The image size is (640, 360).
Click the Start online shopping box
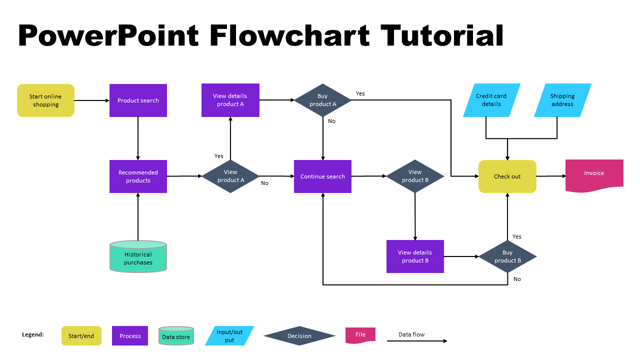tap(45, 100)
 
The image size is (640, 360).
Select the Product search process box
tap(138, 100)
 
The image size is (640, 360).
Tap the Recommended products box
tap(138, 176)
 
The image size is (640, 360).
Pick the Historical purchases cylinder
tap(138, 257)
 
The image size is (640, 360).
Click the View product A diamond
tap(230, 176)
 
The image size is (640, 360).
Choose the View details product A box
tap(230, 100)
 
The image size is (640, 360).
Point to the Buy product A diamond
tap(322, 100)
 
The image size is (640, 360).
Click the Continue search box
tap(322, 176)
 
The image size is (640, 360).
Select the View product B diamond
tap(415, 176)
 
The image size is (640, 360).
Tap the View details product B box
tap(415, 256)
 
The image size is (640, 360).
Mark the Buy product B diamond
tap(507, 256)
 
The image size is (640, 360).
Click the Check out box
tap(507, 176)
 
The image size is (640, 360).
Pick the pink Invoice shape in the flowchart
tap(594, 174)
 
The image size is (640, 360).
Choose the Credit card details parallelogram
tap(491, 100)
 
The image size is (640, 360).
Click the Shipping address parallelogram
tap(562, 100)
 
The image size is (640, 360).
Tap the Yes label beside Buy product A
tap(360, 93)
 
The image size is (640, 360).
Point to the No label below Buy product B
tap(517, 279)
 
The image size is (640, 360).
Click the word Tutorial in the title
tap(442, 36)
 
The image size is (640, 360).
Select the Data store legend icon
tap(176, 336)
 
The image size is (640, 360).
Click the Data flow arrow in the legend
tap(417, 341)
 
